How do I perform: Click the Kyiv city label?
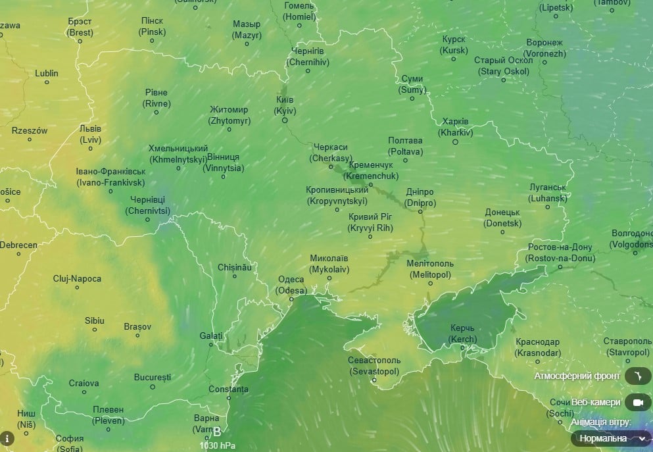coord(285,105)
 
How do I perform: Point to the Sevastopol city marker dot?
coord(374,380)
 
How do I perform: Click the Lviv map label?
coord(91,134)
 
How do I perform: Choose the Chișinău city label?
coord(235,268)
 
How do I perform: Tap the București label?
coord(152,378)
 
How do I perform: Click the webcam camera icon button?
coord(637,402)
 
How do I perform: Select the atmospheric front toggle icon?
coord(637,376)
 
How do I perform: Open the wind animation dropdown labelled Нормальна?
coord(611,438)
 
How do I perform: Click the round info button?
coord(7,438)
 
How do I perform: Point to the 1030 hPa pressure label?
coord(218,445)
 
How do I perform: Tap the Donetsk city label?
coord(502,218)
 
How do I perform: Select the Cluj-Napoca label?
coord(78,279)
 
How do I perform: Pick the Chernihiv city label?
coord(308,57)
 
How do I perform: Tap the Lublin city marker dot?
coord(47,82)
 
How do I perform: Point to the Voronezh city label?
coord(544,48)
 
